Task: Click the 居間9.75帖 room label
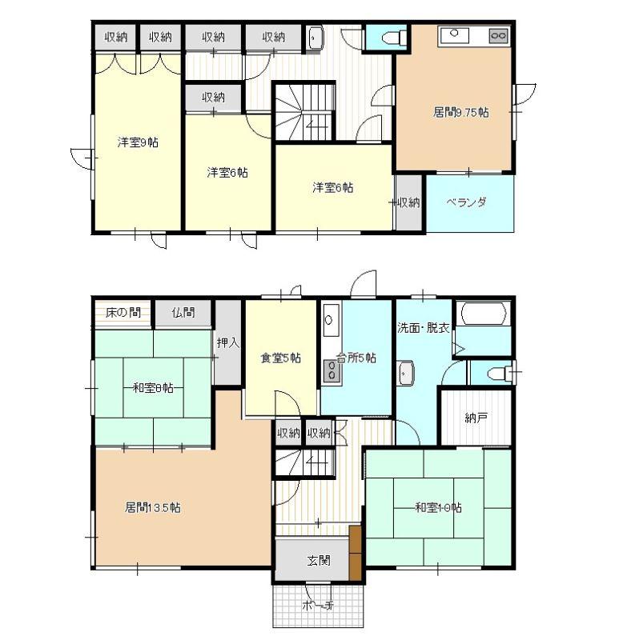tap(460, 112)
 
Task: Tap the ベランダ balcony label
tap(466, 202)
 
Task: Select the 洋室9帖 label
tap(138, 142)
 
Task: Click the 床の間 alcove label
tap(123, 313)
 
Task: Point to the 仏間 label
tap(183, 313)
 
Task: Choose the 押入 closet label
tap(227, 343)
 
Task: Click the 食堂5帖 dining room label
tap(281, 358)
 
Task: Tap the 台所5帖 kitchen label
tap(356, 358)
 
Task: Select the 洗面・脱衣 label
tap(424, 328)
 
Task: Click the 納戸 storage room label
tap(476, 418)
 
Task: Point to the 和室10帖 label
tap(438, 508)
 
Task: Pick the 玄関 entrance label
tap(319, 561)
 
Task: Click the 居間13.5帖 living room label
tap(152, 508)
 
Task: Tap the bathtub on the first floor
tap(484, 314)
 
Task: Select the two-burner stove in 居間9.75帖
tap(499, 35)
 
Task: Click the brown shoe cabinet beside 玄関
tap(356, 552)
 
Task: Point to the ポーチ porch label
tap(318, 606)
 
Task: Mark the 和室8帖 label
tap(153, 388)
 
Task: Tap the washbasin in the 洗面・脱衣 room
tap(407, 373)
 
